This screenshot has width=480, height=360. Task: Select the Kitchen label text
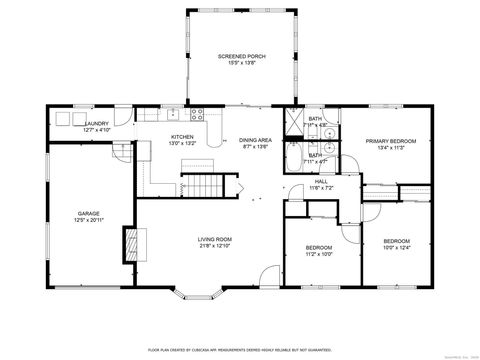(181, 137)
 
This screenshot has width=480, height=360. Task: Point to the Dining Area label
(256, 140)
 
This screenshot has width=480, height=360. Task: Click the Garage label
(89, 213)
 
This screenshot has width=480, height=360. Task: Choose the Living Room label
(214, 239)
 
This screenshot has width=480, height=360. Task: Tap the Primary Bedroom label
(390, 141)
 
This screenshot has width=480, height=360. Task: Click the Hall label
(321, 181)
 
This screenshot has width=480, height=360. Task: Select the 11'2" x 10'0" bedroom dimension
(319, 253)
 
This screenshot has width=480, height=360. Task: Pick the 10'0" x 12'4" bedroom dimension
(397, 247)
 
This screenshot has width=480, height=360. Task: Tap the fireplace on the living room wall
(129, 243)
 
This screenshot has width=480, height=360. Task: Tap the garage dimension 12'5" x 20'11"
(89, 220)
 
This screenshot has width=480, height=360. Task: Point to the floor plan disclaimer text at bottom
(240, 350)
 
